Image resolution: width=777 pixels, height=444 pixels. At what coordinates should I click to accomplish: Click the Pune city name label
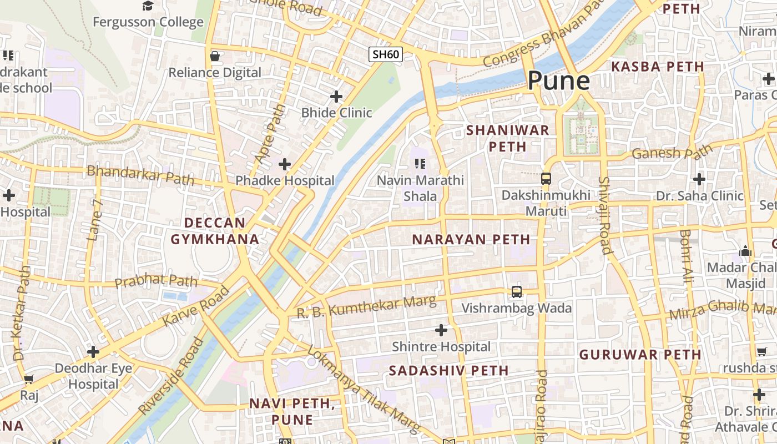click(x=558, y=81)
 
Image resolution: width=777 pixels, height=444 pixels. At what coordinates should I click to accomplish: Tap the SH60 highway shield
click(x=386, y=54)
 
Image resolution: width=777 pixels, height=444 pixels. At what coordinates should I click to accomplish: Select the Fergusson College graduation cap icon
click(x=148, y=6)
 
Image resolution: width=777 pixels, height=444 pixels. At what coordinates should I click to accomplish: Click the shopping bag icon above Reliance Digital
click(x=215, y=56)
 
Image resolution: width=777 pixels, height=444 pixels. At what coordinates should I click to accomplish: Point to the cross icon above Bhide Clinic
click(x=336, y=97)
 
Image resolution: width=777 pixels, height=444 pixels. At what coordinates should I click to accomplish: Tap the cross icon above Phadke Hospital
click(x=285, y=164)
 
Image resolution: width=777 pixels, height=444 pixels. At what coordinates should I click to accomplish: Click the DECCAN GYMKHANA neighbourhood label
click(x=215, y=231)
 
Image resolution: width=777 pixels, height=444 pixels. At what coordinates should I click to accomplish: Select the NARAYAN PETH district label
click(x=471, y=239)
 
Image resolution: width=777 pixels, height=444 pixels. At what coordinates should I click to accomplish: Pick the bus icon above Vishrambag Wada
click(x=517, y=291)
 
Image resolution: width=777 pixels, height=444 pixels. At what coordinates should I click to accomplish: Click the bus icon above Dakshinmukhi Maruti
click(x=546, y=179)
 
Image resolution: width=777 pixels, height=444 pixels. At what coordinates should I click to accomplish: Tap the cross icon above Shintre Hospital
click(x=441, y=331)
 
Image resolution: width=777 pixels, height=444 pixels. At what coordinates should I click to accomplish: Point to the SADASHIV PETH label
click(x=448, y=370)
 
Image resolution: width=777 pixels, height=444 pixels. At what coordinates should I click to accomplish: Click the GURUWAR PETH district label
click(x=640, y=354)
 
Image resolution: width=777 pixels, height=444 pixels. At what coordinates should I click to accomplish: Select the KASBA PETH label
click(x=657, y=67)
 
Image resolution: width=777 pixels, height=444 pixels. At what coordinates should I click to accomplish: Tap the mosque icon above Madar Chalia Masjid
click(x=745, y=251)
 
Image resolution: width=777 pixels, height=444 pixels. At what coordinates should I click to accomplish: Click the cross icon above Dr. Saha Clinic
click(x=699, y=179)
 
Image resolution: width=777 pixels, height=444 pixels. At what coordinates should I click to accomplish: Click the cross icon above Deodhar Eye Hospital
click(x=93, y=352)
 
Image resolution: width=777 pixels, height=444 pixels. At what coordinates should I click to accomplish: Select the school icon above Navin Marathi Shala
click(x=420, y=164)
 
